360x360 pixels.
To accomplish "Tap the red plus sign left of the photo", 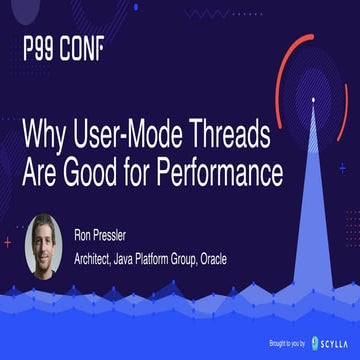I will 9,241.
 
